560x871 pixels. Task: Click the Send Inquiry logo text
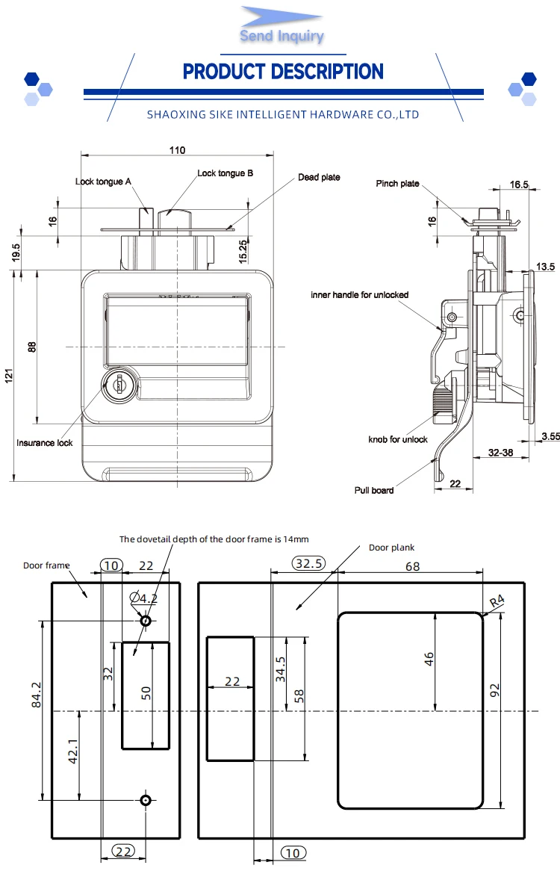tap(281, 36)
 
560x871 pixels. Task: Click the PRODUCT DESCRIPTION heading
tap(283, 72)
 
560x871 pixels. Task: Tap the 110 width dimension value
tap(177, 150)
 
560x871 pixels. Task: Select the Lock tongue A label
tap(103, 182)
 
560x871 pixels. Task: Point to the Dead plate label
tap(319, 177)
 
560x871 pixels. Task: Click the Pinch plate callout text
tap(397, 184)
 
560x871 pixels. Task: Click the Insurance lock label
tap(45, 443)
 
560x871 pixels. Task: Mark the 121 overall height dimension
tap(8, 377)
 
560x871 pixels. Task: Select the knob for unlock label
tap(398, 439)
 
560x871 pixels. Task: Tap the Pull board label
tap(373, 490)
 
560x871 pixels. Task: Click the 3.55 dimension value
tap(550, 436)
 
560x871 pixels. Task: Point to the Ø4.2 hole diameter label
tap(143, 598)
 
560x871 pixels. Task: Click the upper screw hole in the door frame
tap(146, 621)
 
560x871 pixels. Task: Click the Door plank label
tap(391, 548)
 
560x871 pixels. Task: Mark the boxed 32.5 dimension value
tap(308, 564)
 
